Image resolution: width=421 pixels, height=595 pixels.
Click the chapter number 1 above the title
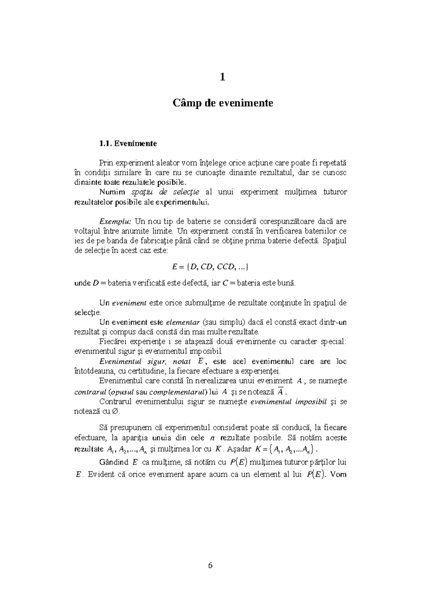tap(222, 77)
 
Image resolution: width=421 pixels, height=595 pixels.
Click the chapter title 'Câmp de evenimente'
tap(222, 103)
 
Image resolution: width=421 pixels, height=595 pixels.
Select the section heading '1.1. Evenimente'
tap(128, 143)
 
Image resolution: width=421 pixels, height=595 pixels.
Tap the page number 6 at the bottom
tap(210, 566)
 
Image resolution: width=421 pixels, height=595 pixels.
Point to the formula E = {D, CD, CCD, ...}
tap(210, 267)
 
